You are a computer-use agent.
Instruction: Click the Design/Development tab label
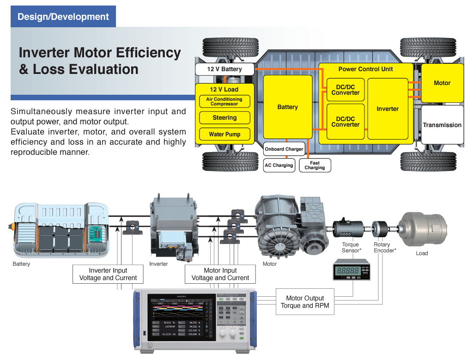[63, 17]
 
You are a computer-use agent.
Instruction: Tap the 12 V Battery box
[224, 69]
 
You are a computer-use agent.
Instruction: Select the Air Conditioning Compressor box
[224, 102]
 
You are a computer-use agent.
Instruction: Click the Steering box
[224, 118]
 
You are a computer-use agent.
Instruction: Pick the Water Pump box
[224, 134]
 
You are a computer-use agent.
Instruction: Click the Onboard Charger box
[284, 149]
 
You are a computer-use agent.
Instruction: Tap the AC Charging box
[279, 165]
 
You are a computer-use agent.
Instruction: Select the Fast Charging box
[315, 165]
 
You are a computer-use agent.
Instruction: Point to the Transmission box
[442, 125]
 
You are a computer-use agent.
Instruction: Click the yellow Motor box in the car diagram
[442, 83]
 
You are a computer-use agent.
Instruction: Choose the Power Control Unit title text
[365, 69]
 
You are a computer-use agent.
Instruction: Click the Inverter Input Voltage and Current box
[108, 274]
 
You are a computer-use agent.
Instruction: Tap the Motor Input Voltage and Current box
[220, 274]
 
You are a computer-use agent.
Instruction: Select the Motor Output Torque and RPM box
[305, 302]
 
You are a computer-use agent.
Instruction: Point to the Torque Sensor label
[350, 248]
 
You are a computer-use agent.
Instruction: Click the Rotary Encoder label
[383, 248]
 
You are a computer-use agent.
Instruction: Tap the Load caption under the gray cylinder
[422, 253]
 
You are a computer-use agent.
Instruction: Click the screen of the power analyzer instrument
[181, 319]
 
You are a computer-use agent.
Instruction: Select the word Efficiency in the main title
[141, 53]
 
